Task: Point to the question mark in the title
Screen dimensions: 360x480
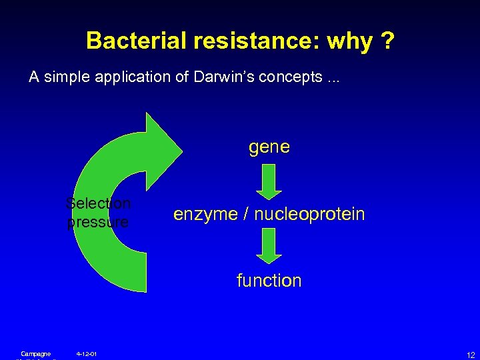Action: tap(387, 41)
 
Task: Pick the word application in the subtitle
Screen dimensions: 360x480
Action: tap(127, 77)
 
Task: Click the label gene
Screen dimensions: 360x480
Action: tap(269, 147)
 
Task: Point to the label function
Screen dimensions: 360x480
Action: tap(269, 281)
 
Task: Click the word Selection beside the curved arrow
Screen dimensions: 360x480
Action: tap(99, 203)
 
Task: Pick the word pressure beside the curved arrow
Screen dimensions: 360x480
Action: tap(98, 222)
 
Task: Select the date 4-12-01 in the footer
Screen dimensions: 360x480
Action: tap(87, 353)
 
